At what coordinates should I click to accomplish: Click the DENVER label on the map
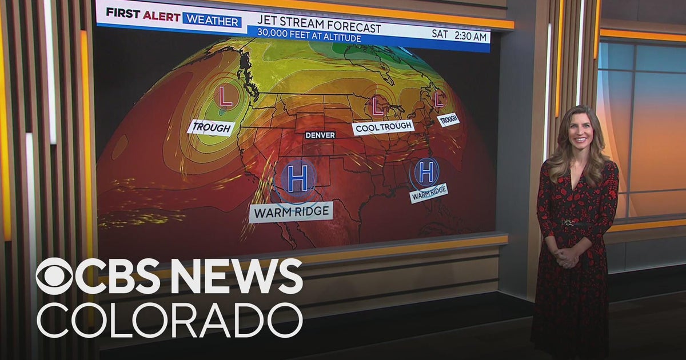tap(320, 135)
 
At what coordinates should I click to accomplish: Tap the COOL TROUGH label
tap(383, 127)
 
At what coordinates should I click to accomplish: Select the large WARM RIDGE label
tap(291, 213)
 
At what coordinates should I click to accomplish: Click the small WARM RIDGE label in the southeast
tap(428, 194)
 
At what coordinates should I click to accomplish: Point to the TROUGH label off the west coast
tap(211, 127)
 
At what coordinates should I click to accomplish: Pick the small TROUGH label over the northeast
tap(448, 119)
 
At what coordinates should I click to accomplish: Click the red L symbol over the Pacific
tap(226, 96)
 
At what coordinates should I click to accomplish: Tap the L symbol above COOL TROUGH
tap(377, 105)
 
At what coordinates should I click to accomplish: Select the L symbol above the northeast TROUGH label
tap(439, 100)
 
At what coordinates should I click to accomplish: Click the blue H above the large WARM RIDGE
tap(297, 178)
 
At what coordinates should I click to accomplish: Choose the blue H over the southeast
tap(426, 171)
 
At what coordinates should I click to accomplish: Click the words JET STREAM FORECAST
tap(318, 27)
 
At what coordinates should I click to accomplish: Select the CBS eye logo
tap(55, 276)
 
